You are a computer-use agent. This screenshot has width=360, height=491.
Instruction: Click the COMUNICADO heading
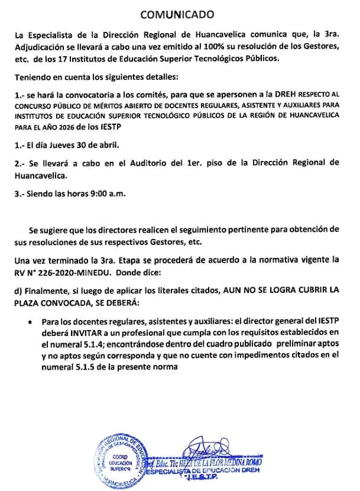(179, 12)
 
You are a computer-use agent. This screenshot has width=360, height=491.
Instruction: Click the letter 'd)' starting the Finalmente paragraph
(21, 290)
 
